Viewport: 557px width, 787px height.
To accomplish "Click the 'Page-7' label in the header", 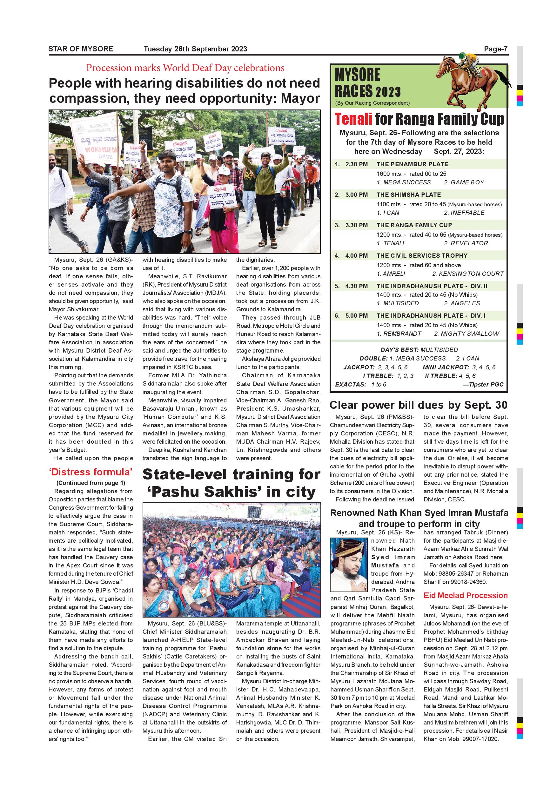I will click(495, 49).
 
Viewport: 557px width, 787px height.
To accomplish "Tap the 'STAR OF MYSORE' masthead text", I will click(81, 49).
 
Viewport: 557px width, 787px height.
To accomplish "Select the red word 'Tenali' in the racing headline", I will click(353, 119).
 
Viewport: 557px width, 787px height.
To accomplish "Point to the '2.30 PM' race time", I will click(356, 164).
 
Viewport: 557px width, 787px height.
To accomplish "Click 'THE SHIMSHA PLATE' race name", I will click(408, 195).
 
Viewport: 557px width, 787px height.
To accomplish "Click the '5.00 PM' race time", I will click(356, 316).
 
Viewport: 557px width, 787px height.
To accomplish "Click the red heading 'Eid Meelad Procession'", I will click(466, 595).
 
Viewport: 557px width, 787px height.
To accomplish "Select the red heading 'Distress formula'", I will click(91, 472).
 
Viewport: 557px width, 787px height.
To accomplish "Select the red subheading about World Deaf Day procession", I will click(185, 68).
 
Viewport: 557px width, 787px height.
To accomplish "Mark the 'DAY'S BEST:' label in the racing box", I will click(399, 350).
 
